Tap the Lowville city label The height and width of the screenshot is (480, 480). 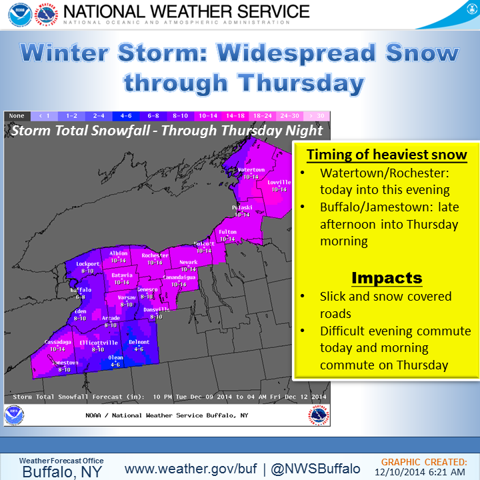pyautogui.click(x=279, y=182)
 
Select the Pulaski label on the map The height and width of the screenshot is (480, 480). pyautogui.click(x=241, y=208)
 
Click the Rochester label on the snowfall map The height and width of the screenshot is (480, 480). pyautogui.click(x=155, y=255)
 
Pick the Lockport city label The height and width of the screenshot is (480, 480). pyautogui.click(x=87, y=264)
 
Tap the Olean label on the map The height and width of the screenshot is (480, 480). pyautogui.click(x=116, y=358)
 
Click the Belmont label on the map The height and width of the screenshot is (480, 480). pyautogui.click(x=139, y=342)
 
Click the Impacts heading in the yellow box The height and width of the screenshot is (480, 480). pyautogui.click(x=387, y=278)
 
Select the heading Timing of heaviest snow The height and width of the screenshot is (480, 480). pyautogui.click(x=387, y=155)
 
